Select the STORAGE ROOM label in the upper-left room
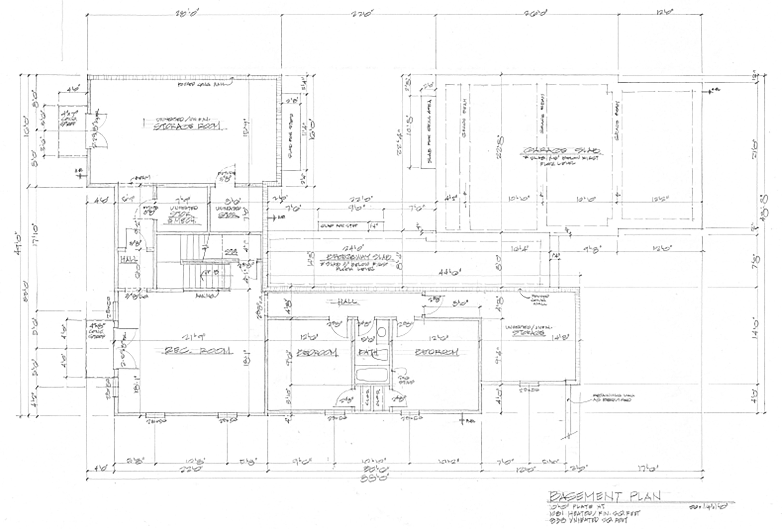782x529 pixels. click(x=187, y=127)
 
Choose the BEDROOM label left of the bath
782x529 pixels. click(x=317, y=352)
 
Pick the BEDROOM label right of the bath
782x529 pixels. click(x=437, y=352)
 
